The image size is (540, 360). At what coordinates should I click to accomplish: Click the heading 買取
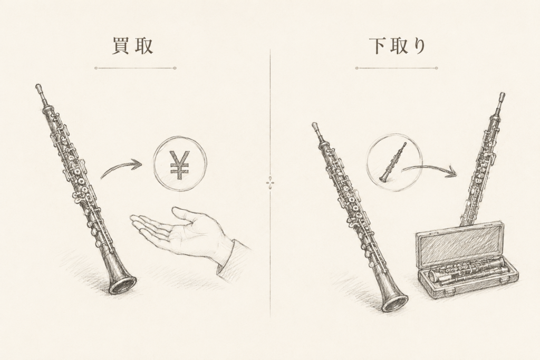click(x=133, y=46)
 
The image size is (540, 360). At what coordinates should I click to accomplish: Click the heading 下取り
click(x=397, y=46)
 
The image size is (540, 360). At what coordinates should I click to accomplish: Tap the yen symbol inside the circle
click(x=180, y=165)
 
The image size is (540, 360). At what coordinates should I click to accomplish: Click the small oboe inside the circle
click(x=393, y=162)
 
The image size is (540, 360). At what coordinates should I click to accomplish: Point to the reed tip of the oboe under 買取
click(x=37, y=86)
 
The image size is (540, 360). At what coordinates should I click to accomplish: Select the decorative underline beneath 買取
click(x=136, y=68)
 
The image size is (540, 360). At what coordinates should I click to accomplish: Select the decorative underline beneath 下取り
click(x=397, y=68)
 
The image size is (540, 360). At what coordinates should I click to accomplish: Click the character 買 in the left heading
click(x=121, y=46)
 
